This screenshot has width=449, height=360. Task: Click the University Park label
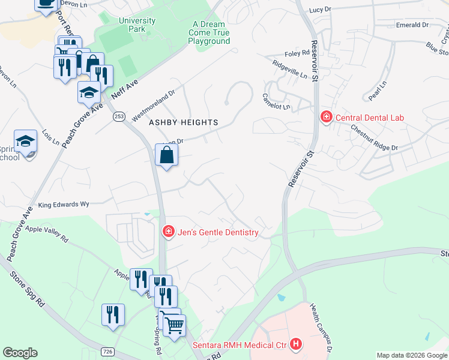pyautogui.click(x=137, y=25)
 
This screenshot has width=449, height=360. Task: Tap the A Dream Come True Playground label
pyautogui.click(x=209, y=33)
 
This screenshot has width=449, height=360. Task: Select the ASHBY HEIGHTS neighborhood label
pyautogui.click(x=184, y=122)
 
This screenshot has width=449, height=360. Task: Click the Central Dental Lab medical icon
pyautogui.click(x=326, y=116)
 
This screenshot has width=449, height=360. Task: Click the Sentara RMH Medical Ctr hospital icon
pyautogui.click(x=295, y=344)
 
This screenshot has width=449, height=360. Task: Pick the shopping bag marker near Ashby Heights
pyautogui.click(x=166, y=155)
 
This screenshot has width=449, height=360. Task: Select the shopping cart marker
pyautogui.click(x=174, y=325)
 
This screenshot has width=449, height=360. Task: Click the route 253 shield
pyautogui.click(x=118, y=116)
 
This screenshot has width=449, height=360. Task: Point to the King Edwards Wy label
pyautogui.click(x=64, y=205)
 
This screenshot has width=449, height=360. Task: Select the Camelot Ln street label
pyautogui.click(x=276, y=101)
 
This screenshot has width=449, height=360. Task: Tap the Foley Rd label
pyautogui.click(x=297, y=53)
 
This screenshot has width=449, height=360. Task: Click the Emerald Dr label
pyautogui.click(x=412, y=25)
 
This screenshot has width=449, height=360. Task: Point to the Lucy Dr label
pyautogui.click(x=321, y=10)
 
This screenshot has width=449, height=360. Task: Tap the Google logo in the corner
pyautogui.click(x=20, y=353)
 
